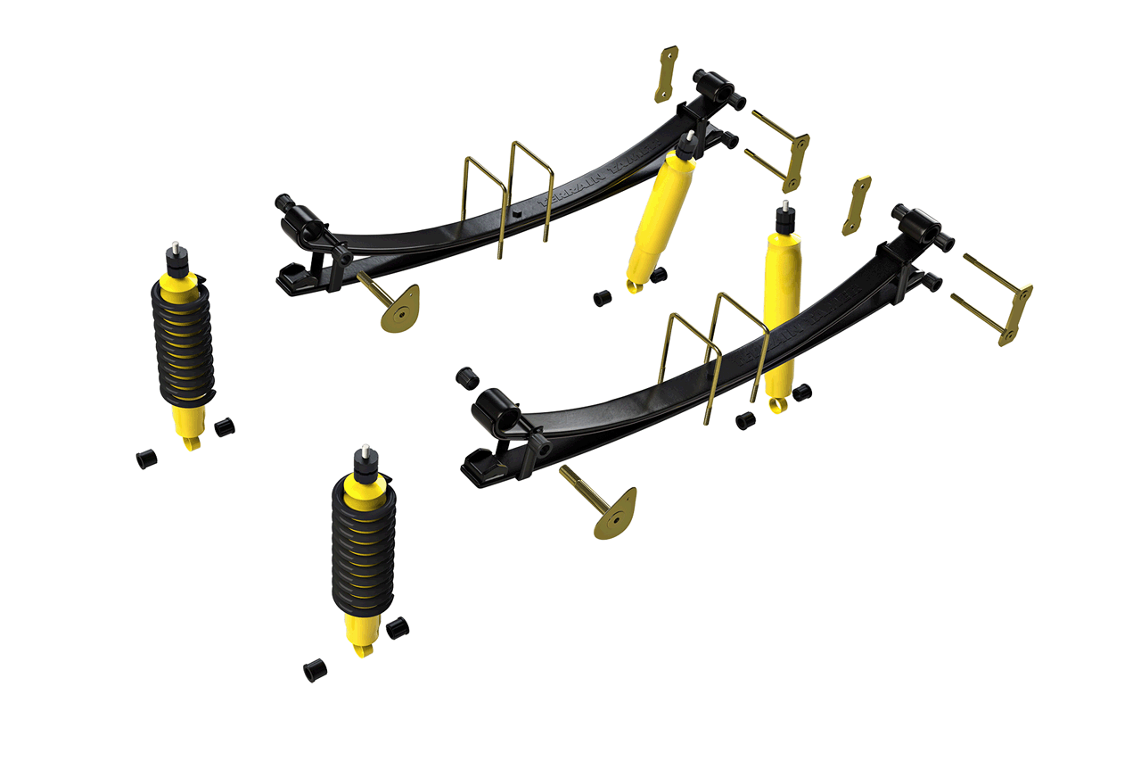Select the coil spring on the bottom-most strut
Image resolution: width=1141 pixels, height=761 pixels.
point(361,544)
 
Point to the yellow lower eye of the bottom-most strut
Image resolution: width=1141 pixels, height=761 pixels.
point(360,649)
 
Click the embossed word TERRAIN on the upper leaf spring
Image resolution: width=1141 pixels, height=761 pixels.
point(570,190)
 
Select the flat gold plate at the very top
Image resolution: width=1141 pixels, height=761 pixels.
point(666,74)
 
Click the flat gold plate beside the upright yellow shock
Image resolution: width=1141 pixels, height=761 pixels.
point(856,205)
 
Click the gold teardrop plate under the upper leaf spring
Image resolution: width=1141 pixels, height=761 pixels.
point(399,309)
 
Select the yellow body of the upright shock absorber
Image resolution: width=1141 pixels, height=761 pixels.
point(781,312)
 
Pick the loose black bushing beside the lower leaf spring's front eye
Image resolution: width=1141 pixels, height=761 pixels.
point(466,377)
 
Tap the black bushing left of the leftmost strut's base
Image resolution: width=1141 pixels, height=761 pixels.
point(146,459)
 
